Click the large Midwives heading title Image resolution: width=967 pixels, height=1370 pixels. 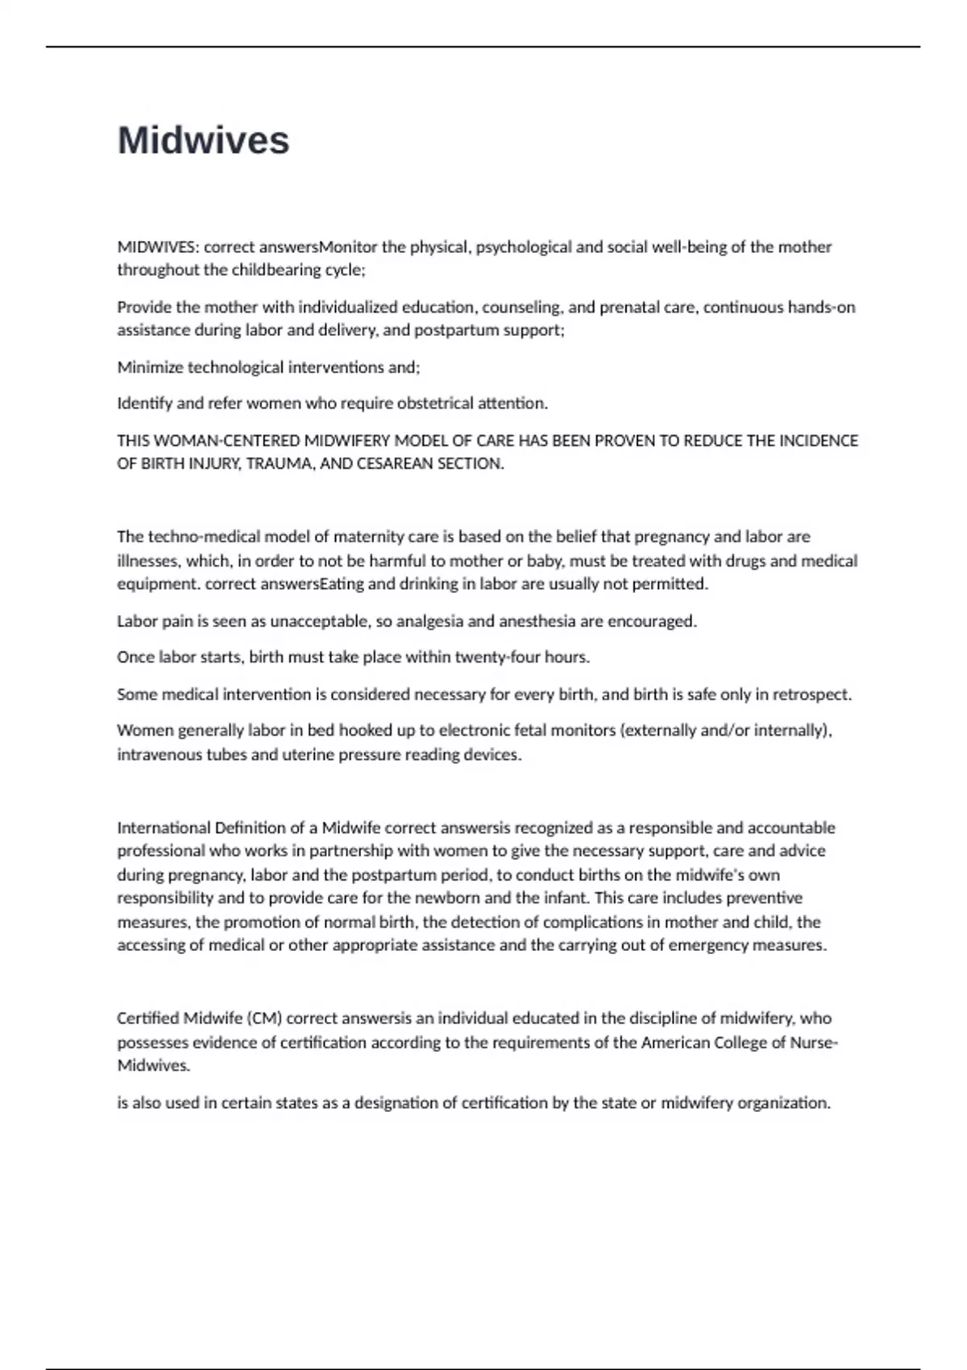pos(203,140)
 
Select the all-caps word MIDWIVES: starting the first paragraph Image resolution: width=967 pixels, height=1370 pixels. pos(158,247)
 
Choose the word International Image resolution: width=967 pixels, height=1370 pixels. pos(163,828)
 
